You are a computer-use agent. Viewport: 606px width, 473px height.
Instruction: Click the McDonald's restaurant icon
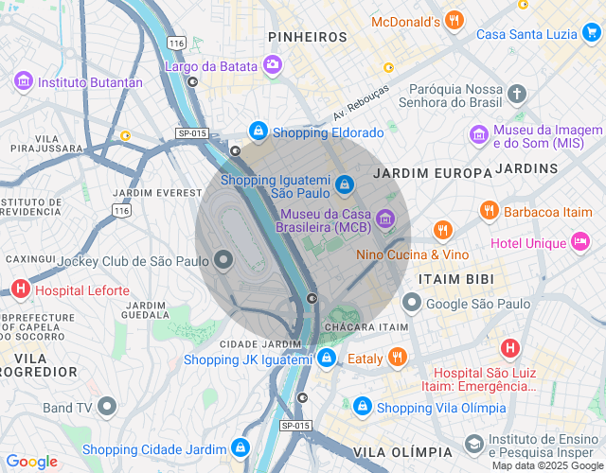pos(454,20)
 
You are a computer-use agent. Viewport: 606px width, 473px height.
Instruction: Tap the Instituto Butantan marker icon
pos(24,81)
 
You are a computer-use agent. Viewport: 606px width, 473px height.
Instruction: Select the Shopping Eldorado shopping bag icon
pos(257,131)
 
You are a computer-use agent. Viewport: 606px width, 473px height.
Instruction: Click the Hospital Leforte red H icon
pos(20,289)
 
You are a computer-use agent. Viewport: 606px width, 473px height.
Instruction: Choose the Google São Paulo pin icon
pos(412,303)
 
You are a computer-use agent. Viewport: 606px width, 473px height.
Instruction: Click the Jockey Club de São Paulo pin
pos(224,259)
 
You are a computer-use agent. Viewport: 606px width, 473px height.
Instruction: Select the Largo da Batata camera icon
pos(273,65)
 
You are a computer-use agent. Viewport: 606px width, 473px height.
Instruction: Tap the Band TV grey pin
pos(107,408)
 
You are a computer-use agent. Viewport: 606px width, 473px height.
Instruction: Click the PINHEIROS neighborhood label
pos(308,36)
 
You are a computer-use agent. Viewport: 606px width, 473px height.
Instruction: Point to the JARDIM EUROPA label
pos(433,173)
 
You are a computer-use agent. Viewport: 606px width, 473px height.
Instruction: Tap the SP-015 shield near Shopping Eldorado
pos(191,133)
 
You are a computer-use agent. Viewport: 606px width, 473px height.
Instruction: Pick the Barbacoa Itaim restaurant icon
pos(489,211)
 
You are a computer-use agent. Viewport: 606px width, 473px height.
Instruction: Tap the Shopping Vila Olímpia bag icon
pos(362,407)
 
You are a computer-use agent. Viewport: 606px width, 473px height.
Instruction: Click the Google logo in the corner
pos(32,461)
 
